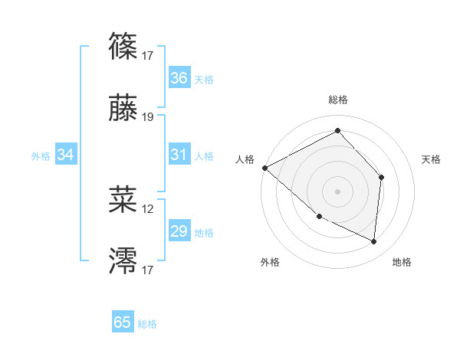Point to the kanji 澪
click(x=123, y=260)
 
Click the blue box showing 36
click(x=179, y=78)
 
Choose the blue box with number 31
click(x=179, y=155)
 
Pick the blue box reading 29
click(x=179, y=231)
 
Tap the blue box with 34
click(x=66, y=155)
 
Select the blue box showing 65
click(x=123, y=322)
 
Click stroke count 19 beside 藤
click(x=148, y=117)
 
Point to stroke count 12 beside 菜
click(x=148, y=208)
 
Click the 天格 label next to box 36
click(x=204, y=79)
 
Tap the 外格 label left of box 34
click(x=41, y=155)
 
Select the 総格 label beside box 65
click(x=147, y=323)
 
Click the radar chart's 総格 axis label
click(x=338, y=100)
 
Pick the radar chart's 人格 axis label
click(x=245, y=159)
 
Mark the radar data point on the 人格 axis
click(x=264, y=168)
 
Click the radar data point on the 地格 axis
click(x=373, y=241)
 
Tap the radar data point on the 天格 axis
click(x=381, y=177)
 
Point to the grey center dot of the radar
click(x=338, y=191)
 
